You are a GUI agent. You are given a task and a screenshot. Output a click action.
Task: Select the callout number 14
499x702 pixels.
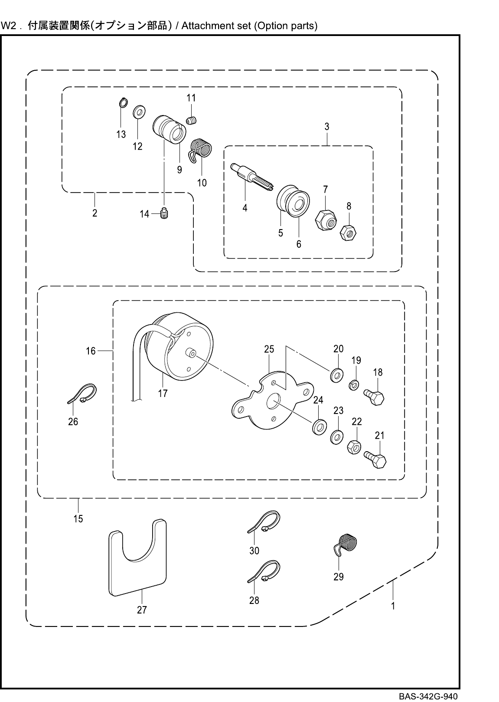point(144,214)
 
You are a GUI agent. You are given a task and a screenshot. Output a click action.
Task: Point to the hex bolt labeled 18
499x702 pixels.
point(376,397)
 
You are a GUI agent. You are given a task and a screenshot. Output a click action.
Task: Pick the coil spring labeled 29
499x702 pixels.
point(347,545)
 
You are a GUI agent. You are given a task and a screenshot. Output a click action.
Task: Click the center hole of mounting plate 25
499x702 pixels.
point(274,402)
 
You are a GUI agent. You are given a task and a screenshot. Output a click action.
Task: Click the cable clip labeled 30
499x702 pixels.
point(264,522)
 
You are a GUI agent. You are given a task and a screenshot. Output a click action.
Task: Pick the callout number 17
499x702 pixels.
point(163,394)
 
